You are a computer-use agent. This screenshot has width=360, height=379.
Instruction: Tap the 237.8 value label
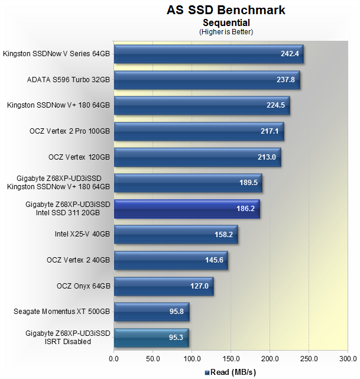(x=287, y=80)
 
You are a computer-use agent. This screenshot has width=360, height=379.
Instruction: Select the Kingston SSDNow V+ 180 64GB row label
(x=59, y=105)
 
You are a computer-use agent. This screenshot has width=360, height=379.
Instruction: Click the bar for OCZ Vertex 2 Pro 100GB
(x=199, y=131)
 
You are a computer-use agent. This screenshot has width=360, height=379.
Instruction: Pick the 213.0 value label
(x=267, y=157)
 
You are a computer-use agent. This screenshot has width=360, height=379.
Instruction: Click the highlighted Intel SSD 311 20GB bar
(x=187, y=209)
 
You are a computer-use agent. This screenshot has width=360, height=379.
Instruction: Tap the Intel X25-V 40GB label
(x=82, y=234)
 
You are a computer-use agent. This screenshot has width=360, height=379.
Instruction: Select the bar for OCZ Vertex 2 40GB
(x=171, y=260)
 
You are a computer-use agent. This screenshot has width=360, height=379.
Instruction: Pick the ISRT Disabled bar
(x=151, y=338)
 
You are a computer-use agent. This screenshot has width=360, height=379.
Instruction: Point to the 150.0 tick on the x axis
(x=231, y=358)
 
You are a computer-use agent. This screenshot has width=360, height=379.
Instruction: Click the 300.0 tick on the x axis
(x=347, y=358)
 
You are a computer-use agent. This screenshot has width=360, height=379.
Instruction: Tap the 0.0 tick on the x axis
(x=114, y=358)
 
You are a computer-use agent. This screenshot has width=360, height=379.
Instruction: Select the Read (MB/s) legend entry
(x=232, y=372)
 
